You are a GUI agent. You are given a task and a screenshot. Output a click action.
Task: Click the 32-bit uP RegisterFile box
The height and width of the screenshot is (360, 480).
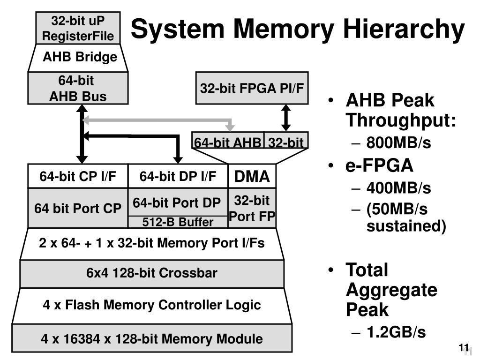click(x=78, y=28)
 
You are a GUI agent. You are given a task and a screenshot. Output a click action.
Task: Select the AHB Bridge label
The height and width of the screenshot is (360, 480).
click(x=80, y=57)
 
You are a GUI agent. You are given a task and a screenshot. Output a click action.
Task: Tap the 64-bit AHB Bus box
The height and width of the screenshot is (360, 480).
click(x=78, y=88)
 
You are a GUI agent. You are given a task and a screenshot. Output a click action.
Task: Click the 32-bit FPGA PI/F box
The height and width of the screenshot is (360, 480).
click(x=252, y=88)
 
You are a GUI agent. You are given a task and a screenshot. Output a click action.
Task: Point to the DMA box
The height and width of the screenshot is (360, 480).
click(x=252, y=176)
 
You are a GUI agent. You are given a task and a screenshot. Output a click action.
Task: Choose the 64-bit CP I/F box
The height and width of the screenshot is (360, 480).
click(x=78, y=176)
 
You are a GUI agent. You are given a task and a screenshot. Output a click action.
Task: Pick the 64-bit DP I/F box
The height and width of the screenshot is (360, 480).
click(x=178, y=176)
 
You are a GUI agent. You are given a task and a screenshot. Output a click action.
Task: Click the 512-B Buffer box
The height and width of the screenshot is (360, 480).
click(x=178, y=222)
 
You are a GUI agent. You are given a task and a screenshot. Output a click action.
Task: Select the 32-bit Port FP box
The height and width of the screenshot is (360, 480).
click(x=252, y=208)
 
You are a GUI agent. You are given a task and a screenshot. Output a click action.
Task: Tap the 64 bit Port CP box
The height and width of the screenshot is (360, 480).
click(x=78, y=208)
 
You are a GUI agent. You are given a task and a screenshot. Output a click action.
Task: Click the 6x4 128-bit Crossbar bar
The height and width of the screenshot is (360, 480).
click(x=152, y=273)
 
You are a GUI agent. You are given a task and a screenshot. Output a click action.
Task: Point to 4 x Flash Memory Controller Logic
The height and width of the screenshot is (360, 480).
click(x=152, y=305)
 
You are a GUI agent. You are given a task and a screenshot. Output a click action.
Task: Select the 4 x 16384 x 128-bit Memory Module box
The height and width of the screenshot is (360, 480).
click(x=152, y=338)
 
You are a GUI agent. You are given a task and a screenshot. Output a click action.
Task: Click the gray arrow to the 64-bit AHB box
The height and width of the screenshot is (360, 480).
click(x=159, y=120)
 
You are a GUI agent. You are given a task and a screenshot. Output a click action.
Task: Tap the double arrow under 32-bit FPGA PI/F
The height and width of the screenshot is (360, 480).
click(x=286, y=118)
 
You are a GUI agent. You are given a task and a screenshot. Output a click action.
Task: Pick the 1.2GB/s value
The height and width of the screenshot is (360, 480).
click(x=396, y=332)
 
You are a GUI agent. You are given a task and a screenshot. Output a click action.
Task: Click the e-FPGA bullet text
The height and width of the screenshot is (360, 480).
click(x=380, y=165)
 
